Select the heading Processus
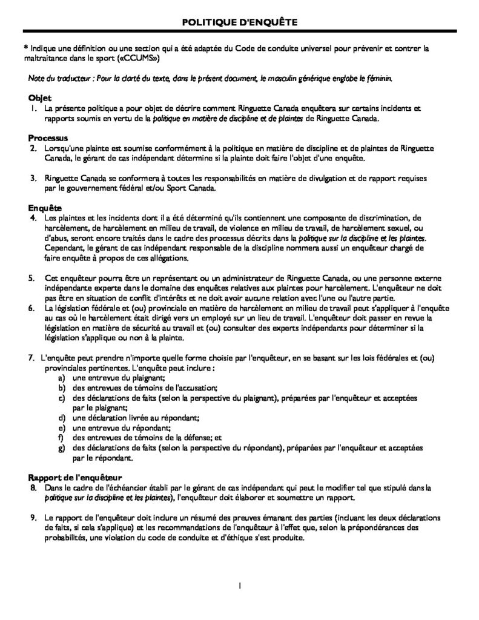coord(48,138)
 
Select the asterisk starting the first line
coord(25,49)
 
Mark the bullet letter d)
coord(61,417)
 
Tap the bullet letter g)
coord(61,447)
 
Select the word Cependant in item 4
coord(67,249)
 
